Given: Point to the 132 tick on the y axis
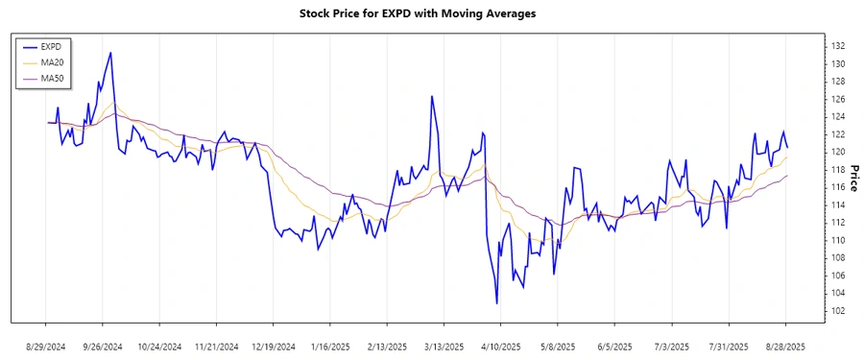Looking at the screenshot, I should [837, 46].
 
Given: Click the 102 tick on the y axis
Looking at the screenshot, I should [837, 310].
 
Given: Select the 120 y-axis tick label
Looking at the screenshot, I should [837, 152].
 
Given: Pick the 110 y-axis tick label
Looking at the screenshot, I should [837, 240].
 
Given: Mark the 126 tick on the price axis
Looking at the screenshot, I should [837, 99].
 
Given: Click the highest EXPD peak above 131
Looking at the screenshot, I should [111, 53].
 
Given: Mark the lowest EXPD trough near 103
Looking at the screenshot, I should [496, 303].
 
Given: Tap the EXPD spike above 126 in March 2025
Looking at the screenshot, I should [432, 96].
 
